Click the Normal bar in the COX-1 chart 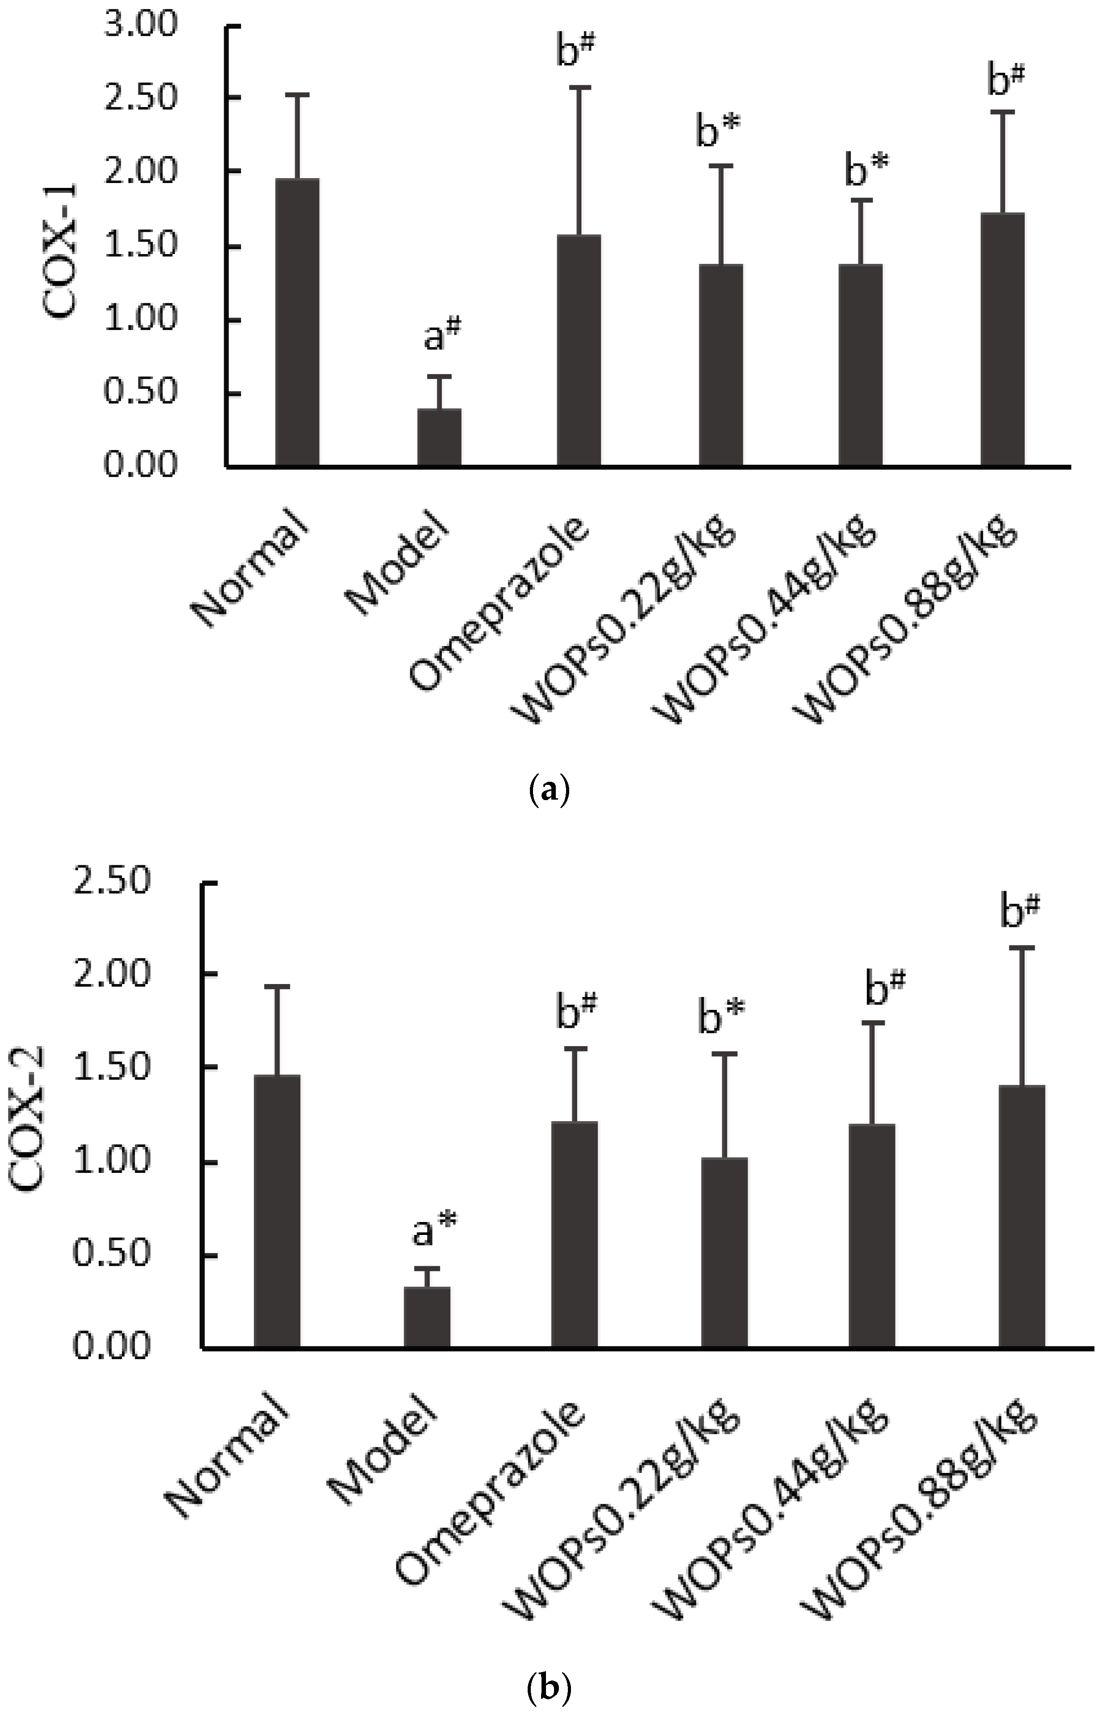point(297,323)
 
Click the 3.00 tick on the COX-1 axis point(140,26)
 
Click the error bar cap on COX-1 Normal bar point(297,95)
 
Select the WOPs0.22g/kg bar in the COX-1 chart point(721,366)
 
